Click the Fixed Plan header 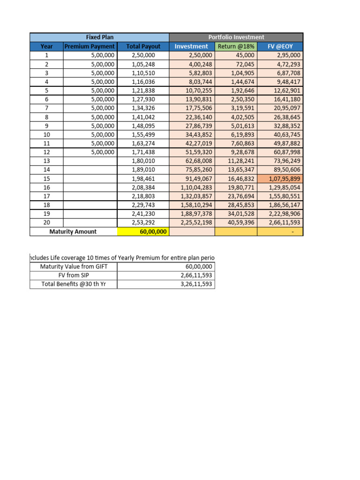click(x=99, y=37)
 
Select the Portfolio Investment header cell click(x=236, y=37)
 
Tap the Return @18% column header click(x=236, y=46)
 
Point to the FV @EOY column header click(x=280, y=46)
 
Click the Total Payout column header click(x=143, y=46)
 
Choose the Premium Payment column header click(x=90, y=46)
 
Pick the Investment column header click(x=191, y=46)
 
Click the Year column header click(x=46, y=46)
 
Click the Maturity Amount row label click(x=73, y=232)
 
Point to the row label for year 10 click(x=46, y=135)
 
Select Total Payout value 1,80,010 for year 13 click(x=143, y=161)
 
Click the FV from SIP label click(x=73, y=276)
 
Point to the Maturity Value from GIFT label click(x=73, y=267)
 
